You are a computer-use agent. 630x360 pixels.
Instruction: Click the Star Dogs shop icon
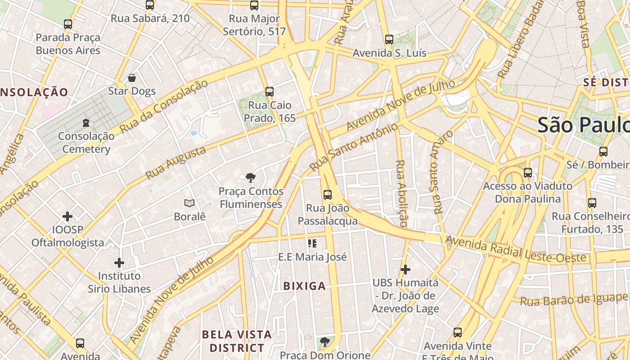tap(132, 78)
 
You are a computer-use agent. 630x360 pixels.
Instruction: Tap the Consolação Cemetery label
tap(86, 142)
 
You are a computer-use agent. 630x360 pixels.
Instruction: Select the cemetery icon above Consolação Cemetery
tap(86, 122)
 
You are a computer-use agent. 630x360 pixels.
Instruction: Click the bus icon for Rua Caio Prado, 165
tap(270, 92)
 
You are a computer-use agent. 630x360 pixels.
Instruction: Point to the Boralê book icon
tap(189, 203)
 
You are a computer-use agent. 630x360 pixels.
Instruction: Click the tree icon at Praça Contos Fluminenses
tap(251, 177)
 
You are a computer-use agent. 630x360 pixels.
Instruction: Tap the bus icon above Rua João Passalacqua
tap(328, 195)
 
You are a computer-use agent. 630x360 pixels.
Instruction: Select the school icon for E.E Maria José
tap(312, 243)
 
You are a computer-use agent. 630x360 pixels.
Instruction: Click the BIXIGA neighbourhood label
tap(304, 286)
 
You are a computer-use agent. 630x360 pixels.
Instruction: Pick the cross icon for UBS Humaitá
tap(405, 270)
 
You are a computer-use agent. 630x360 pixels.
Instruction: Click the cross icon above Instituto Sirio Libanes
tap(119, 262)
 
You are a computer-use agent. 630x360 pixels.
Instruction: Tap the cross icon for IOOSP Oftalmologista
tap(67, 216)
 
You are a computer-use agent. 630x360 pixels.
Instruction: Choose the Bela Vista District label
tap(237, 341)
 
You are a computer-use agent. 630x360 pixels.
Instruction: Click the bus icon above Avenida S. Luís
tap(389, 40)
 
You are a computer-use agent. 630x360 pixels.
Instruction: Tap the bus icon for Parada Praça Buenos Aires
tap(68, 24)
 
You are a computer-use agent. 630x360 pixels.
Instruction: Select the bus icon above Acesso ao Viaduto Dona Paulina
tap(528, 173)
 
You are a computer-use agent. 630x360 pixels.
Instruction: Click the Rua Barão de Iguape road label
tap(574, 299)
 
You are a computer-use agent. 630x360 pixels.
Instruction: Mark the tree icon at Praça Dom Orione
tap(324, 342)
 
